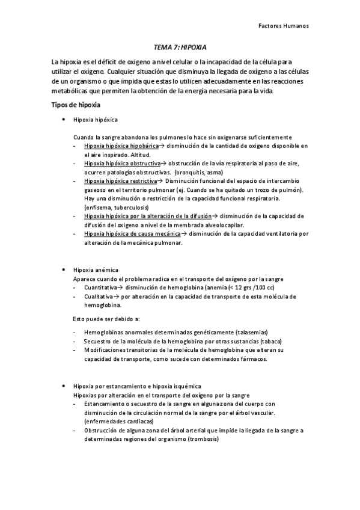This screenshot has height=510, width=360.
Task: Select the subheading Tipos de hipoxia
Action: coord(75,105)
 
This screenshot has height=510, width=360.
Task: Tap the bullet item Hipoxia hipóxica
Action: coord(95,120)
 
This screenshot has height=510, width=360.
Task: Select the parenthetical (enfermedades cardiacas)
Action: coord(119,422)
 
